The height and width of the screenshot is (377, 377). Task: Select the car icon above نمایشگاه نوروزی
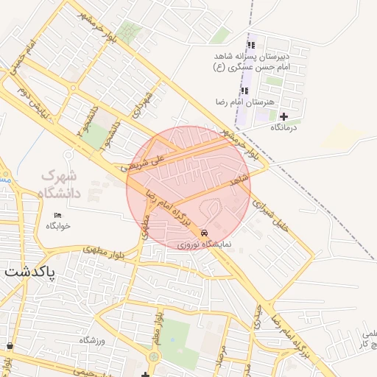tap(204, 233)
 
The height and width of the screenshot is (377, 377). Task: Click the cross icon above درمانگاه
tap(283, 116)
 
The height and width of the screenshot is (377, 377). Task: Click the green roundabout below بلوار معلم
tap(153, 357)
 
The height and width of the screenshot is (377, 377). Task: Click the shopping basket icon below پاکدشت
tap(9, 345)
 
